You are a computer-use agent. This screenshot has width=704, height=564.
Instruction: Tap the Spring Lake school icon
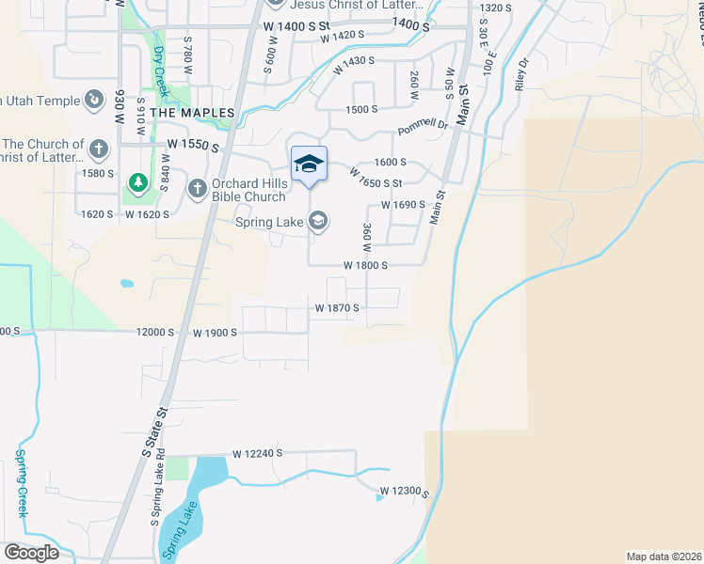[x=318, y=221]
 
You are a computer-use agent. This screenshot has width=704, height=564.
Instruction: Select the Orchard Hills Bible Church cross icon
[x=197, y=189]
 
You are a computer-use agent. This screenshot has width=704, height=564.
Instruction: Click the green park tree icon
[x=138, y=181]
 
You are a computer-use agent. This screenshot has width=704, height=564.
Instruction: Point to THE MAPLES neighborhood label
[x=192, y=113]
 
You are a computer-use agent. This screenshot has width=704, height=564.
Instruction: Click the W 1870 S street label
[x=338, y=307]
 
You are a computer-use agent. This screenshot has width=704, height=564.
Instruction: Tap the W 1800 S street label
[x=366, y=265]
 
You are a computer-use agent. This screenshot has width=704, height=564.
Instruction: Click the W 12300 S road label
[x=405, y=492]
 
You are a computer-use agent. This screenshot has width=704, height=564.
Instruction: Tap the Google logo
[x=31, y=553]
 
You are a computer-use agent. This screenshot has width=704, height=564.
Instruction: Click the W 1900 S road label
[x=216, y=333]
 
